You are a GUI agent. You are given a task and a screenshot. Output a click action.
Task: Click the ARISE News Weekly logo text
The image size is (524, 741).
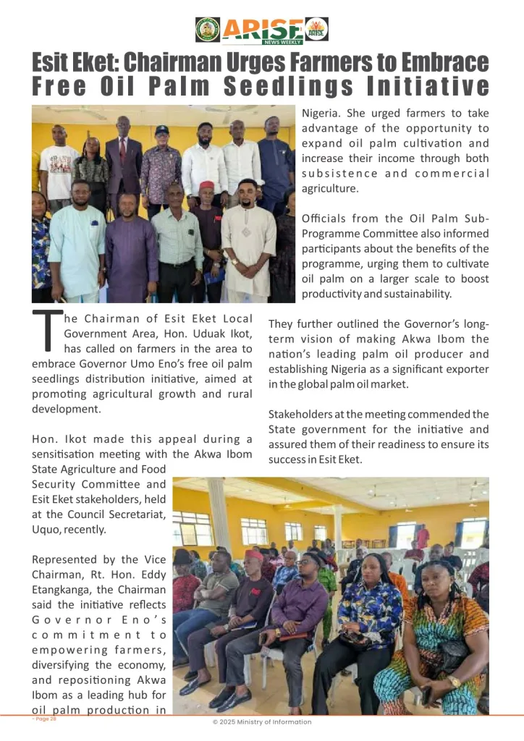tap(262, 30)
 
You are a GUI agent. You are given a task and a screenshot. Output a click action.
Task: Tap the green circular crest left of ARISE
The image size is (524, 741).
tap(208, 30)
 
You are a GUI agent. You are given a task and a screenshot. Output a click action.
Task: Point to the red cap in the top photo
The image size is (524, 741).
tap(207, 186)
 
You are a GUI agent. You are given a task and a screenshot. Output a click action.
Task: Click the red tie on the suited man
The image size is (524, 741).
tap(124, 151)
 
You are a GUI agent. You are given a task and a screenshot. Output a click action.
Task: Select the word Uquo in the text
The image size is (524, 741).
tap(49, 530)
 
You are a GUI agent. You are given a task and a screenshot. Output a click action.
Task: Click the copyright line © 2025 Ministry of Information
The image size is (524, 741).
tap(262, 721)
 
